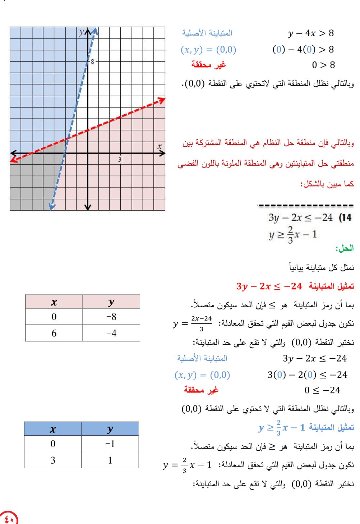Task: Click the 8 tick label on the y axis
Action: click(93, 61)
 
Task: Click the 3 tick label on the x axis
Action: click(120, 159)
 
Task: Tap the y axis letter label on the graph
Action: click(82, 32)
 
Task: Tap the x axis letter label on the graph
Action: click(160, 147)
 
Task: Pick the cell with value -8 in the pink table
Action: click(111, 317)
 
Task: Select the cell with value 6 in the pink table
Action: click(54, 333)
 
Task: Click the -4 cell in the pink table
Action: click(111, 333)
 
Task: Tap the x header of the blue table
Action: click(53, 429)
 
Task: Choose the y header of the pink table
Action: click(111, 302)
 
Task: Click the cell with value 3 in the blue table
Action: click(53, 460)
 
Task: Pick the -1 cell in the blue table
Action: click(110, 444)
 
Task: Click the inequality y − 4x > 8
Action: click(311, 33)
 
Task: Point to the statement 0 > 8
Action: click(323, 65)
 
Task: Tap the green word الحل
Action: click(344, 248)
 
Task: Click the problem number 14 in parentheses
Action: click(345, 217)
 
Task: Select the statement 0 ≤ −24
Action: click(322, 390)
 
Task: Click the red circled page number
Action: click(9, 518)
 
